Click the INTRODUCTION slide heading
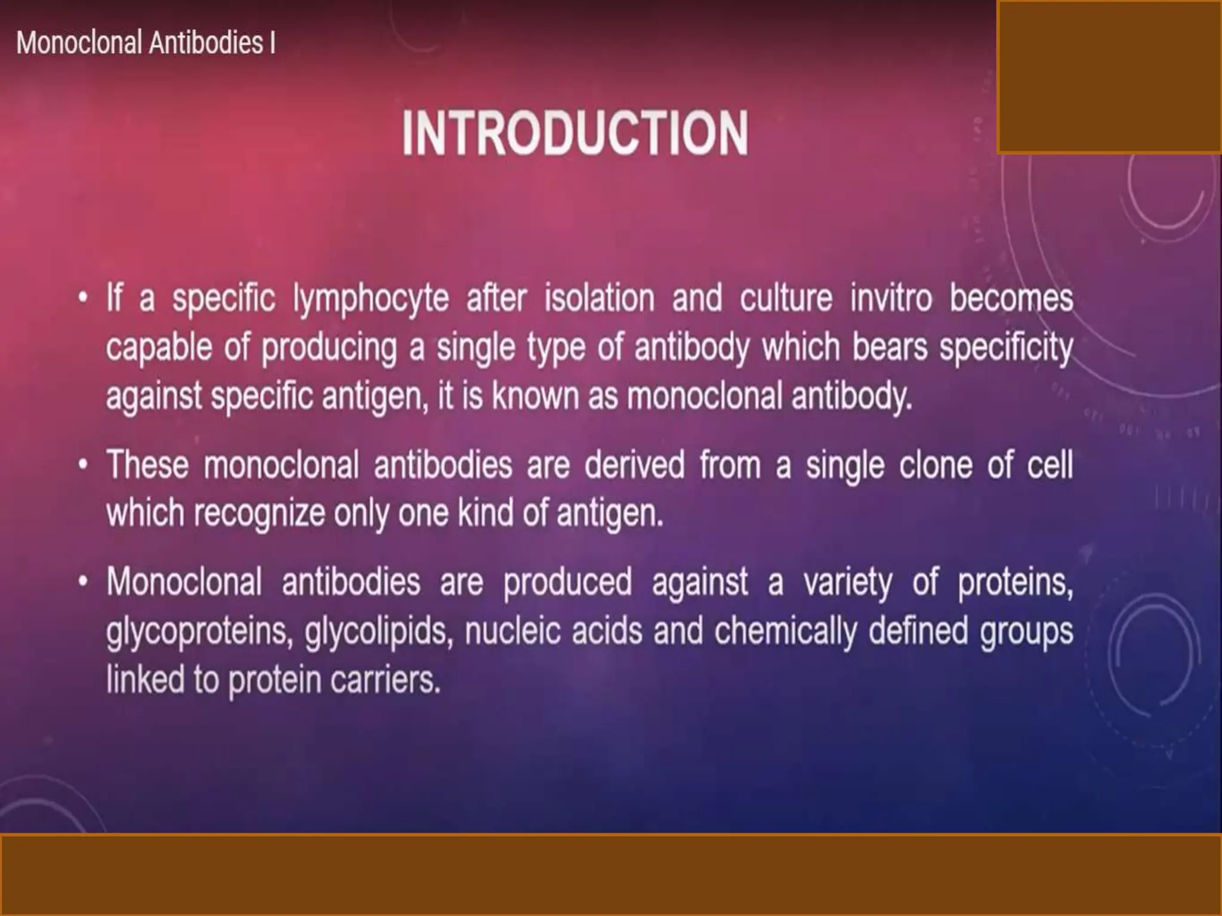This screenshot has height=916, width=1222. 575,134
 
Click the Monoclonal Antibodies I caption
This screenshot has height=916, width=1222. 146,43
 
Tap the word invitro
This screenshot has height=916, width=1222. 891,298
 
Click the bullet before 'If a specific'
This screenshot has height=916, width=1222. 83,297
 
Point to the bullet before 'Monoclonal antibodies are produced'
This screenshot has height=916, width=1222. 83,580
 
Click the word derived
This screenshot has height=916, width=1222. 634,465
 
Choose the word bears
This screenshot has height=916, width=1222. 890,347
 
